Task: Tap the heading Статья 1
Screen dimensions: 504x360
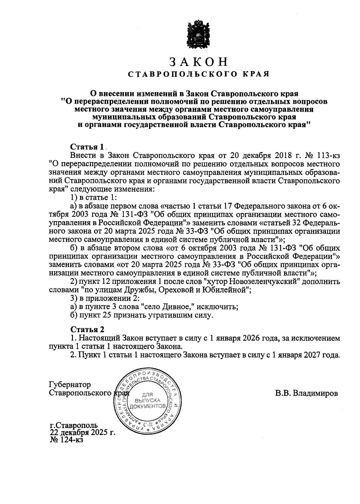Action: click(87, 147)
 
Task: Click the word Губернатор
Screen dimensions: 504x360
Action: click(70, 384)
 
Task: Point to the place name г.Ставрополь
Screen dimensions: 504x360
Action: click(74, 426)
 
